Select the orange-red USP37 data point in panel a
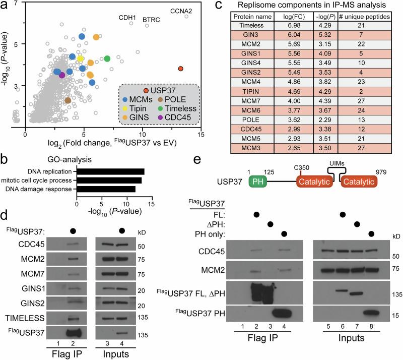click(x=181, y=69)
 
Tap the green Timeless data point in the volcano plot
click(x=107, y=59)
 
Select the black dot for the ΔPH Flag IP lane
click(x=271, y=223)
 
